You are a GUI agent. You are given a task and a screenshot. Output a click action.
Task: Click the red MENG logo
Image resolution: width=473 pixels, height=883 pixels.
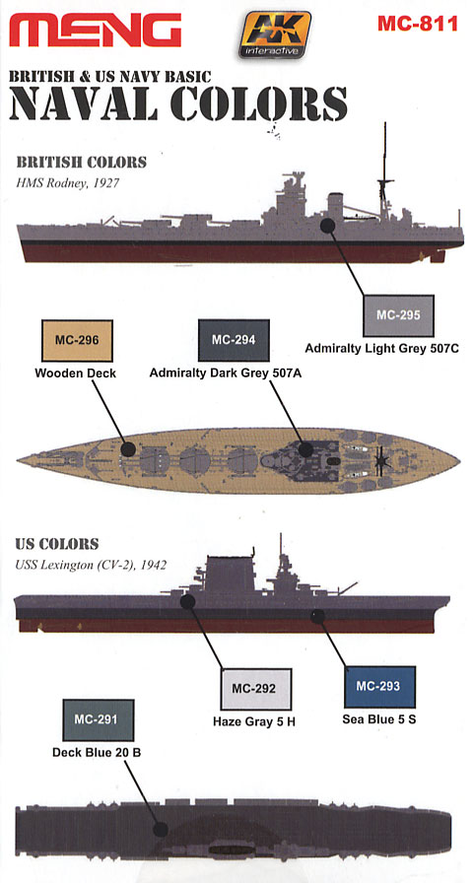click(96, 30)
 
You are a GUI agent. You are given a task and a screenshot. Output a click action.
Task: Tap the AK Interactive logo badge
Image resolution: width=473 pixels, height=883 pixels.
click(274, 34)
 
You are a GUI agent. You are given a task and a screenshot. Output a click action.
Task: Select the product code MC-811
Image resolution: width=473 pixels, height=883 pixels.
click(417, 25)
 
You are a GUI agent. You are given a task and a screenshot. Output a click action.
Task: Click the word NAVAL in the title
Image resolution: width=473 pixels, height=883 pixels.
click(84, 104)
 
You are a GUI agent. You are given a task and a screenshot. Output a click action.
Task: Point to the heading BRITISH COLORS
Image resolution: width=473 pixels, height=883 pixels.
click(81, 163)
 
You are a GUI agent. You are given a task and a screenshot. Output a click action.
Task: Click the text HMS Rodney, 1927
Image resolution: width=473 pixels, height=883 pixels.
click(67, 183)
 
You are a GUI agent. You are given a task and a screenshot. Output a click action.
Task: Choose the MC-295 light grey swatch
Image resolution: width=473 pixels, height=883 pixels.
click(398, 315)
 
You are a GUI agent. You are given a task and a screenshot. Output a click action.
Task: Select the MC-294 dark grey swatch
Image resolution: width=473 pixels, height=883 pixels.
click(234, 340)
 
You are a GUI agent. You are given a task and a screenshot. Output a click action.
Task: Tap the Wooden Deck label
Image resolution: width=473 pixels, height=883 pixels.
click(76, 373)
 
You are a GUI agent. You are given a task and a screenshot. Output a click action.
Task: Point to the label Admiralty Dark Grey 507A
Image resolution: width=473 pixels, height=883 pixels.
click(226, 373)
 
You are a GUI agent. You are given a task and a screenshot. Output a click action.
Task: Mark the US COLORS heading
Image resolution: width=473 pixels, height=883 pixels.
click(57, 544)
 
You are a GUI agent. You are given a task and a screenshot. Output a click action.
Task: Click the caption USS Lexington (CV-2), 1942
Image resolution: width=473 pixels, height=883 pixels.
click(91, 565)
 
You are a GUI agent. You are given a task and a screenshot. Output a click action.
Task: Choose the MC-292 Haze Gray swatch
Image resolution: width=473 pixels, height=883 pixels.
click(256, 689)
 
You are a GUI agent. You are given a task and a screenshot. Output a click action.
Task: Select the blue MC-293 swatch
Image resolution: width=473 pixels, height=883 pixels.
click(379, 687)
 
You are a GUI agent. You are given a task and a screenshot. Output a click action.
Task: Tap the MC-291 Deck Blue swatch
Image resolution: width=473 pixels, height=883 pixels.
click(98, 719)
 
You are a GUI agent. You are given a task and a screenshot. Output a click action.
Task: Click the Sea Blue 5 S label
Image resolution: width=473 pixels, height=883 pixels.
click(379, 719)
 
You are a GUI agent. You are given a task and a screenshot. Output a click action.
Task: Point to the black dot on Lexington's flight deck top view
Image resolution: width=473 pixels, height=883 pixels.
click(161, 830)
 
